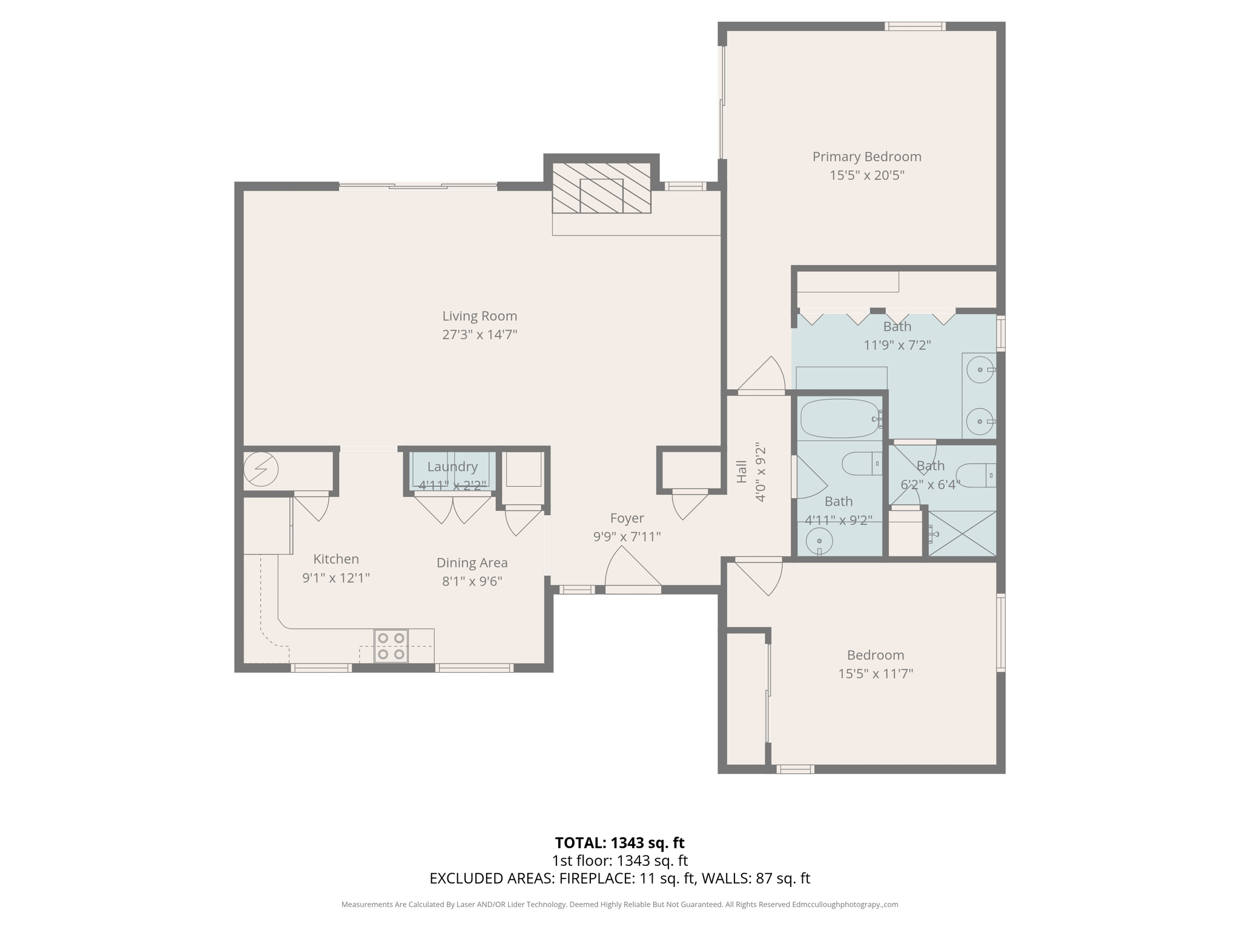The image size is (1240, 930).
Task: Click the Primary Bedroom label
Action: (x=866, y=157)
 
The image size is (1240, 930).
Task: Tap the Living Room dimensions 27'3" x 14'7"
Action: (x=479, y=334)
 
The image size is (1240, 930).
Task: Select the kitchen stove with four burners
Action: (x=391, y=645)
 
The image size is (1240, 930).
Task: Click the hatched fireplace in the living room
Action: (x=601, y=188)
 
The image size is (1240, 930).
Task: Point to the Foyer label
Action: (x=627, y=518)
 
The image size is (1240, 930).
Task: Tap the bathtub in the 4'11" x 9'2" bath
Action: (x=839, y=418)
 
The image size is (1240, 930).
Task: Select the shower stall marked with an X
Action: (x=962, y=533)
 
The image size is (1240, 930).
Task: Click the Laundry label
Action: (x=452, y=467)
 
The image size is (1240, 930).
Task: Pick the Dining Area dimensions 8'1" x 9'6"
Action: (x=472, y=581)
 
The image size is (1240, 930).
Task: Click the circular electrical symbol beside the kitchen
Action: (x=261, y=469)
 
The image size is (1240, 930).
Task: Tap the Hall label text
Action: (x=742, y=472)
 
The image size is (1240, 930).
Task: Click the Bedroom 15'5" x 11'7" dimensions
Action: (x=875, y=673)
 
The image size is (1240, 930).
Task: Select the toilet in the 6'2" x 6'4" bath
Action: (x=975, y=475)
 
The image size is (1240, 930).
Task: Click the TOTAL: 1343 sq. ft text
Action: (x=619, y=843)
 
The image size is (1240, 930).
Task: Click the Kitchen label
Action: (x=336, y=559)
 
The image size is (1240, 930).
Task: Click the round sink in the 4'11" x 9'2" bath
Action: (x=819, y=540)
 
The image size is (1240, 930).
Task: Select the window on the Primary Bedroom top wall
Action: (x=914, y=26)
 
